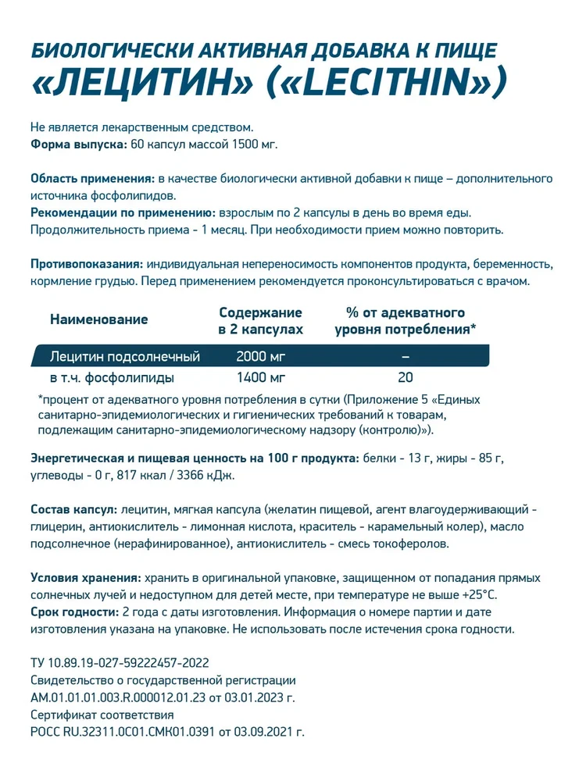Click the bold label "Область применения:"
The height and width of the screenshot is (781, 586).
click(x=90, y=179)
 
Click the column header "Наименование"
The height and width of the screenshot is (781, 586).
click(x=98, y=319)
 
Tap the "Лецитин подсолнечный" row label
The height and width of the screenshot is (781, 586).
click(x=124, y=357)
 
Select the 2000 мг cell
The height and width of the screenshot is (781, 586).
click(x=260, y=357)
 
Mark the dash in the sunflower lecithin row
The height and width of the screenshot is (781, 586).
click(x=405, y=357)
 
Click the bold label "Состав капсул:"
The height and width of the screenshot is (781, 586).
click(x=73, y=509)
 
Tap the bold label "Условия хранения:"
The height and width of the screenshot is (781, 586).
click(x=85, y=578)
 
